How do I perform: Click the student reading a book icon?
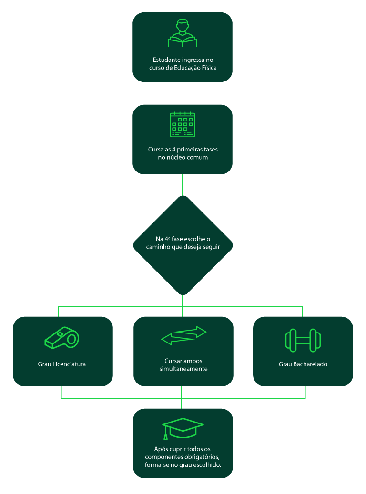coord(183,34)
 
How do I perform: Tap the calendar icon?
coord(183,125)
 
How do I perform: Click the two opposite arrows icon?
coord(183,335)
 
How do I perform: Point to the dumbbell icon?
coord(303,340)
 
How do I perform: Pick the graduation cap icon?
coord(183,428)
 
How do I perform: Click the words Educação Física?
coord(196,68)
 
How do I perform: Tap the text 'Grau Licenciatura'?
coord(62,364)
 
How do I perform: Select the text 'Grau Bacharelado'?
coord(303,364)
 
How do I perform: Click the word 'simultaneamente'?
coord(183,369)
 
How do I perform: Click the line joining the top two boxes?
coord(183,93)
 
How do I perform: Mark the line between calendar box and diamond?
coord(183,185)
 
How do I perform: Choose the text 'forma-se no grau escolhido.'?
coord(183,464)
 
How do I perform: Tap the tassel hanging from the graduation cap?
coord(166,435)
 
